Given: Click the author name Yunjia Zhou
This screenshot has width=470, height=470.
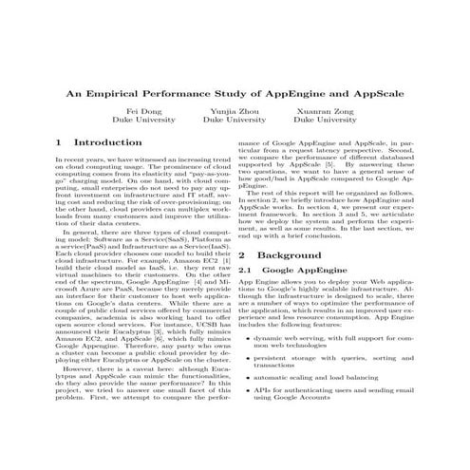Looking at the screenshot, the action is pyautogui.click(x=235, y=112).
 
